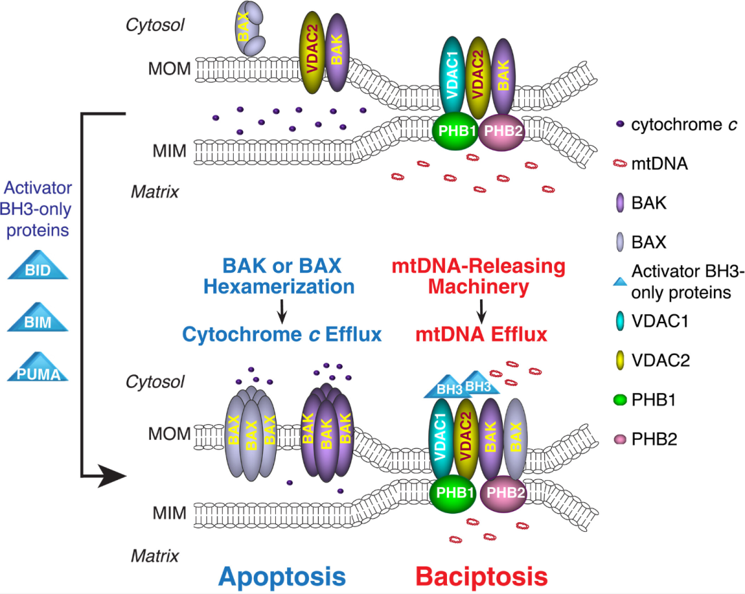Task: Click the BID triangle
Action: point(37,266)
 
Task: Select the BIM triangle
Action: point(37,318)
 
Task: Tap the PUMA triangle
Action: point(37,369)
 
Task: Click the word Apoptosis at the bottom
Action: point(282,577)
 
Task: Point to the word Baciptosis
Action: point(481,577)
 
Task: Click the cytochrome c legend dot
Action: point(619,124)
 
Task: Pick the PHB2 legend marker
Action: point(620,439)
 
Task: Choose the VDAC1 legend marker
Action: point(620,321)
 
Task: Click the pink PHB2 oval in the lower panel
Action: point(504,492)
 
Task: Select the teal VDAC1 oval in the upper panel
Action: point(453,76)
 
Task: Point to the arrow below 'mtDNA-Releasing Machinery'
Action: point(481,311)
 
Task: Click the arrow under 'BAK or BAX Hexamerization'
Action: point(281,311)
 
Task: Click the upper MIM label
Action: point(169,151)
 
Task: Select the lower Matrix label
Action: point(155,556)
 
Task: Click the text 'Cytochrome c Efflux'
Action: point(281,334)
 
